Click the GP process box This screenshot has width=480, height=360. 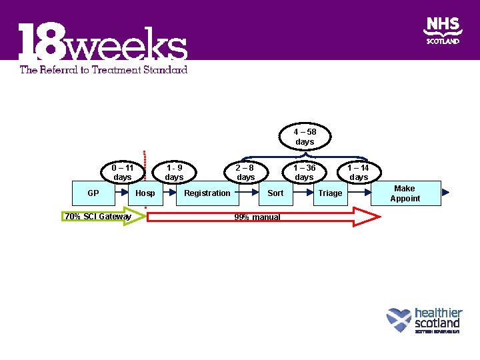[93, 193]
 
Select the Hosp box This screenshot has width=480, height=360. [145, 193]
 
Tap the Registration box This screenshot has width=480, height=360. [207, 193]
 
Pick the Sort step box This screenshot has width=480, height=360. [275, 193]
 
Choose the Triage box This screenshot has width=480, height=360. [330, 193]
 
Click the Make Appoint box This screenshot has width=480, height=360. [405, 193]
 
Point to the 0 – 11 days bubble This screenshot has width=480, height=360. [123, 173]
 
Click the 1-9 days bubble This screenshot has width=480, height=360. [174, 173]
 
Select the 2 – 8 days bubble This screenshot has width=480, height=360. [246, 173]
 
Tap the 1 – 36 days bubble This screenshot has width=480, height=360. [304, 173]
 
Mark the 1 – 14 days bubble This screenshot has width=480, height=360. [359, 173]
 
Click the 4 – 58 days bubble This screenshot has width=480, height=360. [305, 137]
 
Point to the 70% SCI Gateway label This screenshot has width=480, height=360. [98, 217]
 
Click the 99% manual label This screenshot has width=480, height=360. [257, 217]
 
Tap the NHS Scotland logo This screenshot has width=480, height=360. [443, 31]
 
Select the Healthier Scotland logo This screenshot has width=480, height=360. [425, 320]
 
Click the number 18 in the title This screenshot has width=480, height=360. [40, 44]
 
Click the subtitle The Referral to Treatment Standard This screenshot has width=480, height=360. [103, 69]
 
